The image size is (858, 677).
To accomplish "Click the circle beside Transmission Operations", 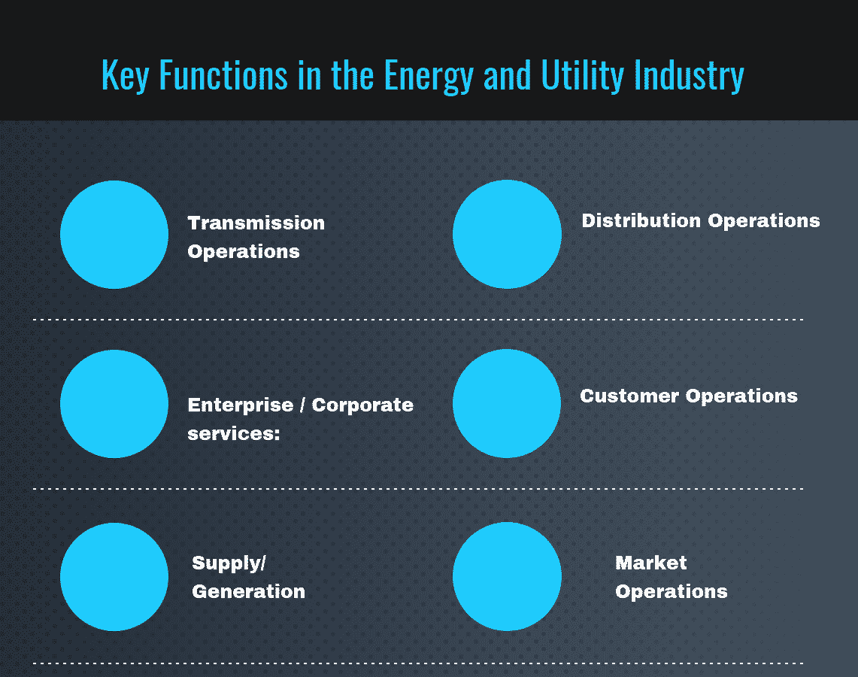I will (x=114, y=235).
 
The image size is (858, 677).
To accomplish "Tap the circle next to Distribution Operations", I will (x=507, y=234).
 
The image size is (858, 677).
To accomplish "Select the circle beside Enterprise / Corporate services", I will (x=114, y=404).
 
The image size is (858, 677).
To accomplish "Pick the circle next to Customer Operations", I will (x=507, y=403).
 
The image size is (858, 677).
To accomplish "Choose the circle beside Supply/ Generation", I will (x=114, y=577).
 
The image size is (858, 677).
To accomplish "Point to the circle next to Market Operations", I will (x=507, y=576).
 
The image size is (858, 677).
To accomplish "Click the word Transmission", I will (x=256, y=223).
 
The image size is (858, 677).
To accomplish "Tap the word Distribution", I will (x=641, y=221).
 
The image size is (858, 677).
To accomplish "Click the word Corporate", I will (x=362, y=405).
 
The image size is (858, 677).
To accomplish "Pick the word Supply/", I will (x=229, y=563).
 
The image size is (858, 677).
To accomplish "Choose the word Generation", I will (x=248, y=592).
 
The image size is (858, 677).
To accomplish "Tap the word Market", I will (x=650, y=563).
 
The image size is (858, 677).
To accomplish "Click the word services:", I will (x=233, y=434).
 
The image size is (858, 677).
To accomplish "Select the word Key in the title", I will (x=124, y=76).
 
